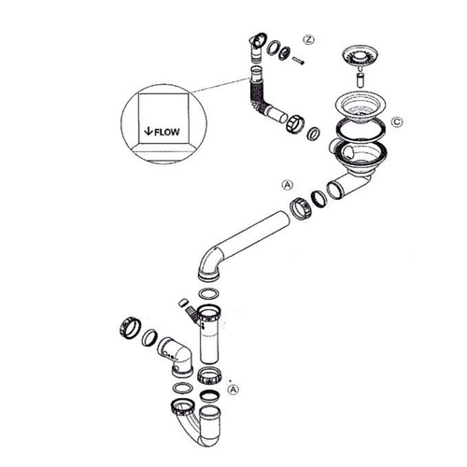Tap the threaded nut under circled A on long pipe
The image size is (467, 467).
(x=300, y=207)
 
